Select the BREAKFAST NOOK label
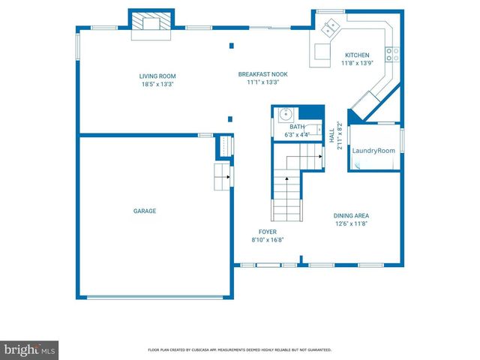coord(262,74)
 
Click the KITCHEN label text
coord(356,55)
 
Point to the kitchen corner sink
coord(330,28)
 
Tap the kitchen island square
coord(323,52)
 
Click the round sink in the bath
coord(285,115)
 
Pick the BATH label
coord(298,127)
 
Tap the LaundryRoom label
coord(373,151)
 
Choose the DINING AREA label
coord(351,216)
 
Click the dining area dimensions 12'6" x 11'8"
coord(351,223)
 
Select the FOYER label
coord(267,232)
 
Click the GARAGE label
coord(145,211)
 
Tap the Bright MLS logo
coord(30,349)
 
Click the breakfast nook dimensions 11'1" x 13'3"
coord(262,82)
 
